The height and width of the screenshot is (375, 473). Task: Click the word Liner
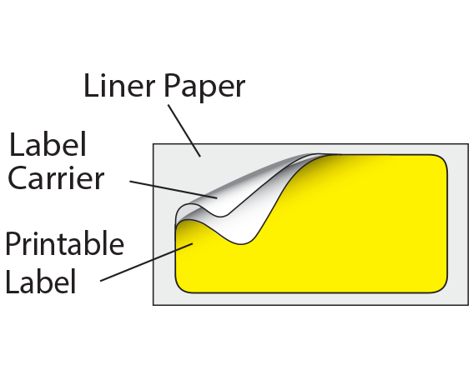[119, 86]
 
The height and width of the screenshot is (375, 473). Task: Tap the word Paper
[204, 88]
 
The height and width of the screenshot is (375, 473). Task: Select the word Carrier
[56, 177]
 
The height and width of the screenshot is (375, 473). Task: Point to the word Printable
[64, 243]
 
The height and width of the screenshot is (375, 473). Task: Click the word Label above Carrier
[48, 144]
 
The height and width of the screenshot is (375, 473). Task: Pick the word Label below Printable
[40, 281]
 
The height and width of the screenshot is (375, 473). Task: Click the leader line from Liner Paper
[184, 131]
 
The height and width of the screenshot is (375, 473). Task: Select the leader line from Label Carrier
[174, 190]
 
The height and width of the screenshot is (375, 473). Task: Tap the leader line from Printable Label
[146, 262]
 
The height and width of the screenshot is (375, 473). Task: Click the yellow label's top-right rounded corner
[443, 159]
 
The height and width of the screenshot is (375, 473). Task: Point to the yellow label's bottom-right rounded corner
[443, 287]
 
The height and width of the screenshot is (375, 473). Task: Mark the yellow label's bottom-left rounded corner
[180, 287]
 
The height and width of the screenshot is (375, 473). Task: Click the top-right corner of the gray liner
[468, 144]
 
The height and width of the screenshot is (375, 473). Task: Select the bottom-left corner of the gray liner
[153, 305]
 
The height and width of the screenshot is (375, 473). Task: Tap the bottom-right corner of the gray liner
[468, 305]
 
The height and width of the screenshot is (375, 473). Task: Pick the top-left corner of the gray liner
[153, 144]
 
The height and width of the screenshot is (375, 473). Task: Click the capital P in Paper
[172, 86]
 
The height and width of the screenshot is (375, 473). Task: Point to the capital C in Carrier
[18, 177]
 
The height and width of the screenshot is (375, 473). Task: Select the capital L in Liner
[91, 86]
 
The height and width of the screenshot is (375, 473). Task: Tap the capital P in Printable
[14, 243]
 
